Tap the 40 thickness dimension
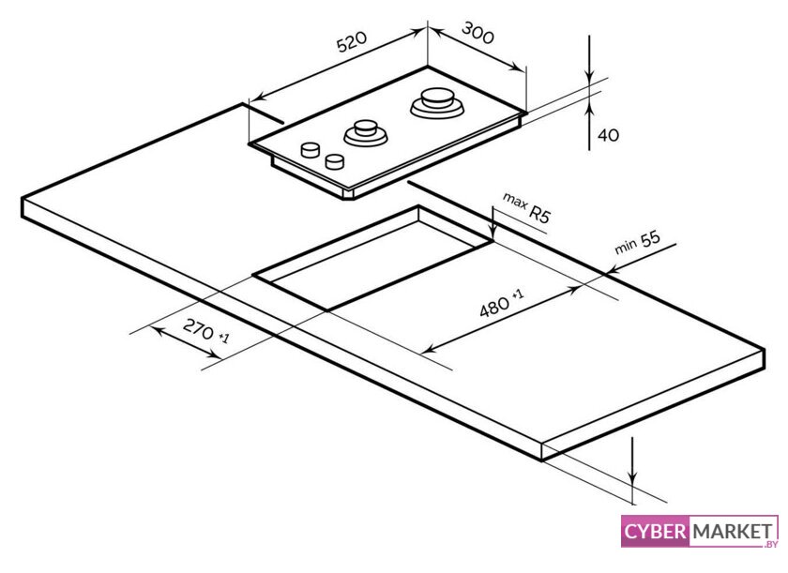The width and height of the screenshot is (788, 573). pyautogui.click(x=608, y=135)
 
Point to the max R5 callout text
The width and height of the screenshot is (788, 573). pyautogui.click(x=526, y=206)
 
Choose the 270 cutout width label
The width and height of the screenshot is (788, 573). pyautogui.click(x=205, y=330)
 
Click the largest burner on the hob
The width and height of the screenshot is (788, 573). pyautogui.click(x=436, y=101)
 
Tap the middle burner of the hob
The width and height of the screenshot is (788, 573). pyautogui.click(x=366, y=131)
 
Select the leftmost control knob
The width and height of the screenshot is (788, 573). pyautogui.click(x=309, y=150)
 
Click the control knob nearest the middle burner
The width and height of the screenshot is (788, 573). pyautogui.click(x=333, y=161)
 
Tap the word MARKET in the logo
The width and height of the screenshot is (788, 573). pyautogui.click(x=727, y=532)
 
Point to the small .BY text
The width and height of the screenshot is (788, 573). pyautogui.click(x=771, y=543)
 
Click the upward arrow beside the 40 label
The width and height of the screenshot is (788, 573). pyautogui.click(x=589, y=117)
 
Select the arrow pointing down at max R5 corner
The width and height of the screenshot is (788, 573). pyautogui.click(x=492, y=225)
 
